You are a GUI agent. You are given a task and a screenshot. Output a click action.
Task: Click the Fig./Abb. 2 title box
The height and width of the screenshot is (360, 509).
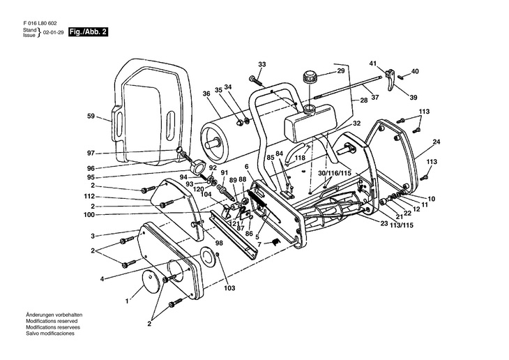89,33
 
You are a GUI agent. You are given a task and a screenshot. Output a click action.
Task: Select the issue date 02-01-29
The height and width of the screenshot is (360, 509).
54,33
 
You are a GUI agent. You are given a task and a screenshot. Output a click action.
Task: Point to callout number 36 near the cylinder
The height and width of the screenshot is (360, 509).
206,93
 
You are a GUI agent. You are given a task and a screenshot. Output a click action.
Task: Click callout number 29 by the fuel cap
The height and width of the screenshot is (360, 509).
341,70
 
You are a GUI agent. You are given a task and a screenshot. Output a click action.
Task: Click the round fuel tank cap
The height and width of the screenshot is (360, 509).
308,77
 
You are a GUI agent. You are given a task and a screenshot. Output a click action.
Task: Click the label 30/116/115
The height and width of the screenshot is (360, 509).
335,172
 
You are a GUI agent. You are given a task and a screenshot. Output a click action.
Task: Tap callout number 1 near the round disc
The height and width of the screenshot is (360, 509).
126,301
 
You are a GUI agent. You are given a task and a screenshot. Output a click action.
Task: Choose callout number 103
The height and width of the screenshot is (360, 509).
229,287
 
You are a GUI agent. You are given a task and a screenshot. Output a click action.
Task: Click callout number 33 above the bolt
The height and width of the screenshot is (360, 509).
261,64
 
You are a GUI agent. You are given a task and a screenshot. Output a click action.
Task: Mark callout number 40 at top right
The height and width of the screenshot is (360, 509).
415,71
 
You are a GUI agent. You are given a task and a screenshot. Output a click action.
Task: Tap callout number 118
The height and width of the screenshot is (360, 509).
301,158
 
